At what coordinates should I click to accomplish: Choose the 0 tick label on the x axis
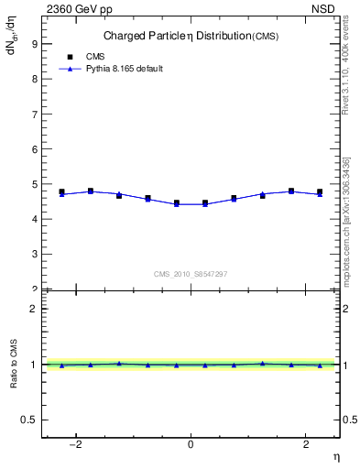[x=191, y=444]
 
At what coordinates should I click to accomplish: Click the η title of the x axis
[x=335, y=456]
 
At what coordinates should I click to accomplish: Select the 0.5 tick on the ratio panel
[x=31, y=420]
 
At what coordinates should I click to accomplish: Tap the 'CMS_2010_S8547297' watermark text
[x=190, y=274]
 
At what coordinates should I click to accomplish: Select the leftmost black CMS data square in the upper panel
[x=62, y=191]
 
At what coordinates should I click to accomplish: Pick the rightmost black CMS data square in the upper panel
[x=320, y=191]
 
